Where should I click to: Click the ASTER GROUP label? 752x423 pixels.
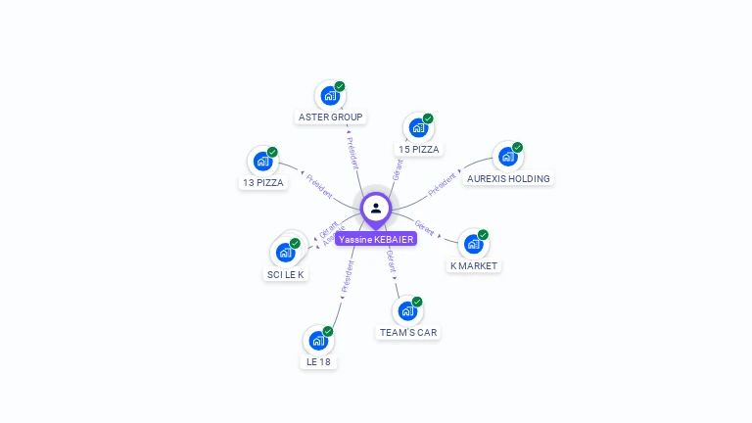pyautogui.click(x=331, y=117)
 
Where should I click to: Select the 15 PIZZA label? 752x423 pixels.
pyautogui.click(x=419, y=150)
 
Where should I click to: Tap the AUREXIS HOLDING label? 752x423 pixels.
pyautogui.click(x=508, y=179)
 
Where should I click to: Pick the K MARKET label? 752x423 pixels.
pyautogui.click(x=474, y=266)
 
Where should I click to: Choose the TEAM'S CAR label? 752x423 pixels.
pyautogui.click(x=408, y=333)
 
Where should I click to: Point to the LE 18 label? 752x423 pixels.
pyautogui.click(x=318, y=361)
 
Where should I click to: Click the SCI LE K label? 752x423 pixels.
pyautogui.click(x=286, y=275)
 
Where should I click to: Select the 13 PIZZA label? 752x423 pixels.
pyautogui.click(x=262, y=183)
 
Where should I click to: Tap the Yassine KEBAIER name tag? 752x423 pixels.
pyautogui.click(x=376, y=239)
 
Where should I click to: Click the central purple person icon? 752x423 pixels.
pyautogui.click(x=376, y=208)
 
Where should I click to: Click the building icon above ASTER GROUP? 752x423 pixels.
pyautogui.click(x=330, y=96)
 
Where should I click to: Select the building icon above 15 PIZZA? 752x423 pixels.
pyautogui.click(x=418, y=128)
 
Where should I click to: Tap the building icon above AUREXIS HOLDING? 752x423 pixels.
pyautogui.click(x=507, y=157)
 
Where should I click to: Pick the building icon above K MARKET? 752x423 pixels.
pyautogui.click(x=473, y=244)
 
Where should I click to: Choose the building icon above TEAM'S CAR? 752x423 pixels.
pyautogui.click(x=407, y=310)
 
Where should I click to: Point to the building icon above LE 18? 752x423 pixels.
pyautogui.click(x=317, y=341)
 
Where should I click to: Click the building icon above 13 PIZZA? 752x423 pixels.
pyautogui.click(x=262, y=162)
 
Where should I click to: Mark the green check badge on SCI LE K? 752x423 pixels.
pyautogui.click(x=295, y=243)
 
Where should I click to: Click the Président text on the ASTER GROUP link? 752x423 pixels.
pyautogui.click(x=352, y=152)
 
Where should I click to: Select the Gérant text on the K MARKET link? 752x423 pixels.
pyautogui.click(x=425, y=227)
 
